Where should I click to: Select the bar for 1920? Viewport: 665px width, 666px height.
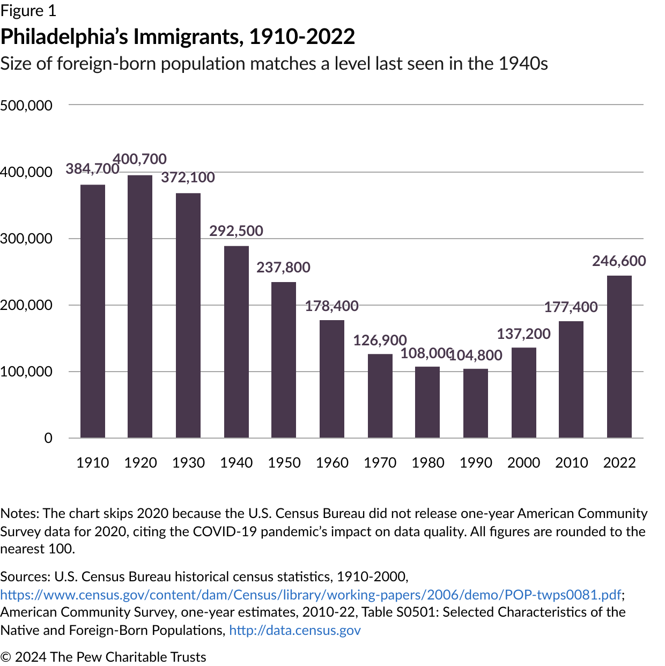[x=140, y=306]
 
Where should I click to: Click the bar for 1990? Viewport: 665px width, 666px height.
[x=476, y=403]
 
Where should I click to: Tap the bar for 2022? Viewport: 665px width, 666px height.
[x=619, y=357]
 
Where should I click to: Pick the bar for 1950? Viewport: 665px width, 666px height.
[x=284, y=360]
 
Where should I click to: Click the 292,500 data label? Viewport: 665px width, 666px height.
[x=236, y=231]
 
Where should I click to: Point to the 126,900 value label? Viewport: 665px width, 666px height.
[x=380, y=341]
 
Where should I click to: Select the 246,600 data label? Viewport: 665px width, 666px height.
[x=619, y=261]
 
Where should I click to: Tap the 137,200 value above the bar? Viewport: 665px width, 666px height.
[x=523, y=334]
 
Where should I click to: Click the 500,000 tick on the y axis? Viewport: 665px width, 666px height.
[x=26, y=106]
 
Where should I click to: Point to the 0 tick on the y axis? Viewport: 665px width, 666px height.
[x=48, y=438]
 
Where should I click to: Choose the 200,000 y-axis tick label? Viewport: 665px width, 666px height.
[x=26, y=305]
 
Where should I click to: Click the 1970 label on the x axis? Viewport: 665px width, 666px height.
[x=380, y=463]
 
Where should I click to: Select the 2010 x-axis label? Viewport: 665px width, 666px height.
[x=571, y=463]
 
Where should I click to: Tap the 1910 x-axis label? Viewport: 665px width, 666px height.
[x=92, y=463]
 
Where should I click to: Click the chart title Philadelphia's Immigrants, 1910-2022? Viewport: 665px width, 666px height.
[x=178, y=37]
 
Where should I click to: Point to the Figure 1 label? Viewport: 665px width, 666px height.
[x=28, y=11]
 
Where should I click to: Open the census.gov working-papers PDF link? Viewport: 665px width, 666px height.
[x=311, y=595]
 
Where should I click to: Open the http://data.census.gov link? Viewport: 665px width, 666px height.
[x=295, y=630]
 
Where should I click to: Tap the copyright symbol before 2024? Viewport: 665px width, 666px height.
[x=6, y=657]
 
